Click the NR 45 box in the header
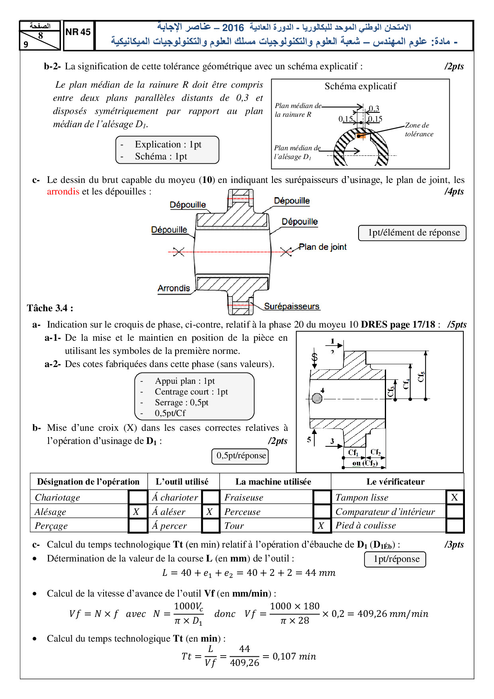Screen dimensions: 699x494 coord(78,33)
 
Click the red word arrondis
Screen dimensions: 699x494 coord(63,192)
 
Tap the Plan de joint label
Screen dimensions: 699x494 coord(322,247)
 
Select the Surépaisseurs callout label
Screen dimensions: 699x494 coord(292,306)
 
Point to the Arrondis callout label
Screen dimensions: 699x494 coord(174,288)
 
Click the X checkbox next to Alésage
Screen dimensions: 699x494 coord(137,512)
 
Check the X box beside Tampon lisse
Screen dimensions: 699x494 coord(455,497)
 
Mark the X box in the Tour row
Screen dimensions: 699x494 coord(321,526)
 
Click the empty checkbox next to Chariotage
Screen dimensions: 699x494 coord(138,497)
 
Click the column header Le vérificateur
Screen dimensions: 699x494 coord(395,482)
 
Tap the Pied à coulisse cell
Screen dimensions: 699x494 coord(366,526)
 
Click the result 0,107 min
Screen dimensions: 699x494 coord(294,656)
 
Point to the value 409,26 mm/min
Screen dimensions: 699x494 coord(392,614)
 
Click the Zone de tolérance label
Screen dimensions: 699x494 coord(419,130)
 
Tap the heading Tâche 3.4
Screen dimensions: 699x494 coord(50,308)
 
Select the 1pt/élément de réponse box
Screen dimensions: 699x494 coord(412,233)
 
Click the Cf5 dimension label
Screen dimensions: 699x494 coord(421,377)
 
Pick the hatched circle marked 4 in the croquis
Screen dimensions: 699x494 coord(317,398)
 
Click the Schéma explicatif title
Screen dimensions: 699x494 coord(360,86)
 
